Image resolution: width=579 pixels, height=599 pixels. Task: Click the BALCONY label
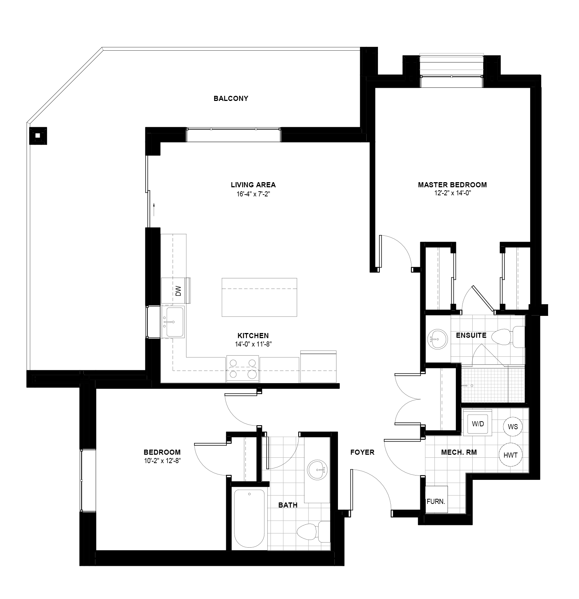[x=231, y=98]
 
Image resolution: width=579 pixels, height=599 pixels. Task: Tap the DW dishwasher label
[x=178, y=291]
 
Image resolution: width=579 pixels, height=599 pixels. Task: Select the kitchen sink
[x=173, y=322]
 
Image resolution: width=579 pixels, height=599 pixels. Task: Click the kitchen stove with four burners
[x=243, y=368]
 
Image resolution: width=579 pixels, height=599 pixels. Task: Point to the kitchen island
[x=259, y=297]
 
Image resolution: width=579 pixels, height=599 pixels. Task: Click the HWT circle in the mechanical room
[x=510, y=455]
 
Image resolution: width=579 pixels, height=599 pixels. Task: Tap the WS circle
[x=512, y=426]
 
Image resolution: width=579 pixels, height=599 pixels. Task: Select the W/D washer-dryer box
[x=478, y=424]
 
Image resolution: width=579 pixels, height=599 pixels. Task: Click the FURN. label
[x=436, y=501]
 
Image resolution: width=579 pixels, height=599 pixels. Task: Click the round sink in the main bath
[x=318, y=470]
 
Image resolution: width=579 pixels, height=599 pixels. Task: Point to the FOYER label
[x=362, y=452]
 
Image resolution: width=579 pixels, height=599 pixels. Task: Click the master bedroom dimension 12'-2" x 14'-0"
[x=452, y=193]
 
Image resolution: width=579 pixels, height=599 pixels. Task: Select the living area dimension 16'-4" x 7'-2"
[x=253, y=194]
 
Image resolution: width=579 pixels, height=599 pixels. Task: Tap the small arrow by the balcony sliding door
[x=154, y=209]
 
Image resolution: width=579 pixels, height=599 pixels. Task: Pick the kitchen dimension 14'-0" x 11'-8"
[x=253, y=344]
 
